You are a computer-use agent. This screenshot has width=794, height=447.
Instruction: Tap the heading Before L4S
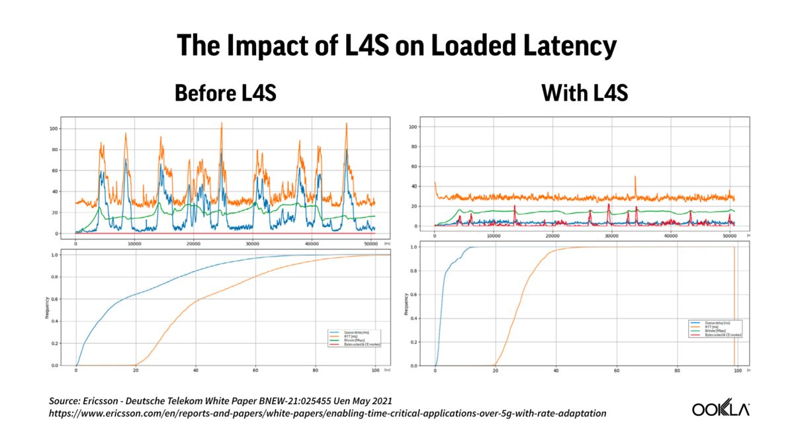pyautogui.click(x=225, y=93)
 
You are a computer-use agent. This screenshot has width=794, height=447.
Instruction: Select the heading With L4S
pyautogui.click(x=586, y=93)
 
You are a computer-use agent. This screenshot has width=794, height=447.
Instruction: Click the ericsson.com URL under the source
pyautogui.click(x=328, y=413)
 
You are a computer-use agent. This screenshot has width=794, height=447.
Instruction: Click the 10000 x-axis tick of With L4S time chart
pyautogui.click(x=493, y=237)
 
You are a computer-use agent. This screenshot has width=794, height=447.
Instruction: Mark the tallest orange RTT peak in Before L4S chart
pyautogui.click(x=221, y=123)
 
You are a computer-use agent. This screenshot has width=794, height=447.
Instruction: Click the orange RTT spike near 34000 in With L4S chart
pyautogui.click(x=635, y=177)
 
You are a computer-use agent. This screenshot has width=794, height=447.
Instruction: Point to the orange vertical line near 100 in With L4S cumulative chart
pyautogui.click(x=734, y=305)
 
